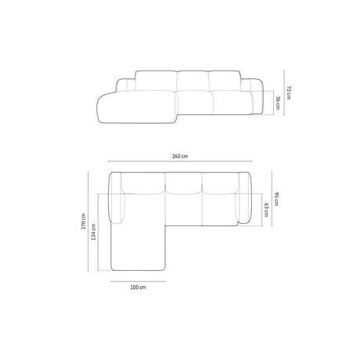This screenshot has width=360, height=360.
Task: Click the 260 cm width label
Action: (x=179, y=156)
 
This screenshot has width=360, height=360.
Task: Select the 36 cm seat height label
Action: (x=279, y=103)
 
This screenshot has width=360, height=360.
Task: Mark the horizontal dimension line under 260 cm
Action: (x=179, y=164)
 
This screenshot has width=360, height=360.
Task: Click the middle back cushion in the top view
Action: (x=185, y=183)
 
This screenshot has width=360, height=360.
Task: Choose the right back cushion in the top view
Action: (x=221, y=183)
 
